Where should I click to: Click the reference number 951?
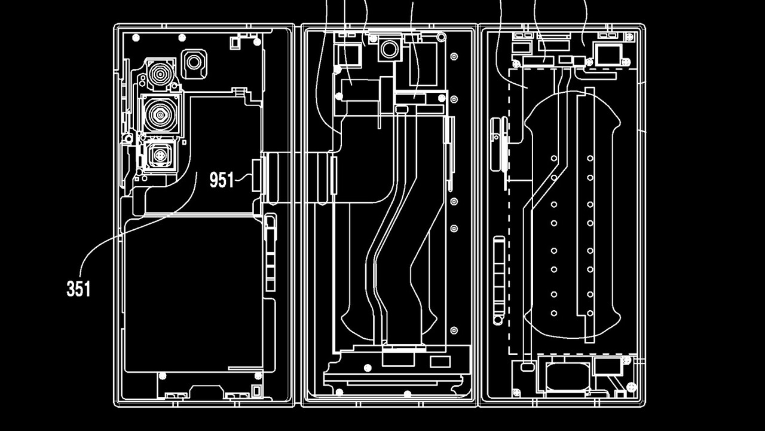221,180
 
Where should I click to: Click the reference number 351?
78,289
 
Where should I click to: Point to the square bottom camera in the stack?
159,155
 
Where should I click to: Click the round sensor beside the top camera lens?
194,62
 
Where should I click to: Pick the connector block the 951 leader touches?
258,176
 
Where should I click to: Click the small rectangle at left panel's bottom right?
256,390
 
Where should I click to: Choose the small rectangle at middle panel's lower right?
439,362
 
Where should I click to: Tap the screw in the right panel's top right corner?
625,62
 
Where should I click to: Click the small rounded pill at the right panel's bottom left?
527,365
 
